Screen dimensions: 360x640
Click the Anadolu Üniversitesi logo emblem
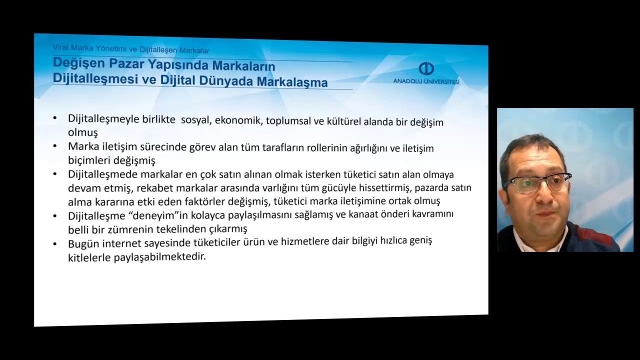pos(426,68)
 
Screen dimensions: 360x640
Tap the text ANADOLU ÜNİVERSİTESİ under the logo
pos(426,81)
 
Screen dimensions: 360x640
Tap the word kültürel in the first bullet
pos(343,121)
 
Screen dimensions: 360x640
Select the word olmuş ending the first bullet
pos(82,132)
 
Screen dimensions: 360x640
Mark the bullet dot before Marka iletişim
pos(55,146)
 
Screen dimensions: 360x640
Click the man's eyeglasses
pos(537,182)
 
